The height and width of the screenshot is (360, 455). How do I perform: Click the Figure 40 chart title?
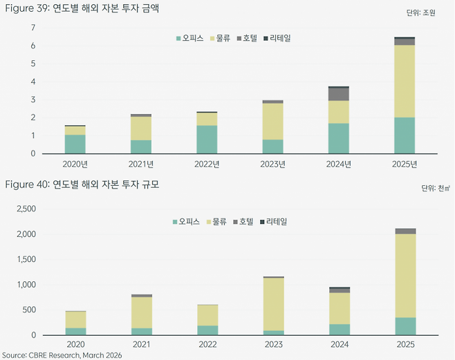pyautogui.click(x=88, y=184)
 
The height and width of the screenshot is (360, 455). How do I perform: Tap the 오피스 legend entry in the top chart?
pyautogui.click(x=189, y=38)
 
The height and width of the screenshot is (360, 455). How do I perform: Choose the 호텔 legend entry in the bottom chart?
pyautogui.click(x=246, y=222)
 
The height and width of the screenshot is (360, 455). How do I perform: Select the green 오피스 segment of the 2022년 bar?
pyautogui.click(x=206, y=139)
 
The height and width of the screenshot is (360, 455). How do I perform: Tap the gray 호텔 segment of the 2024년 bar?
pyautogui.click(x=338, y=94)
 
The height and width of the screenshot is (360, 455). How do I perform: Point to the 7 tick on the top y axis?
pyautogui.click(x=32, y=28)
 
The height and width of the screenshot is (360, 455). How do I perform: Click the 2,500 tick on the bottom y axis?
pyautogui.click(x=25, y=209)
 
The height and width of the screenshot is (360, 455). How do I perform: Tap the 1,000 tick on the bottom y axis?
pyautogui.click(x=25, y=285)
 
